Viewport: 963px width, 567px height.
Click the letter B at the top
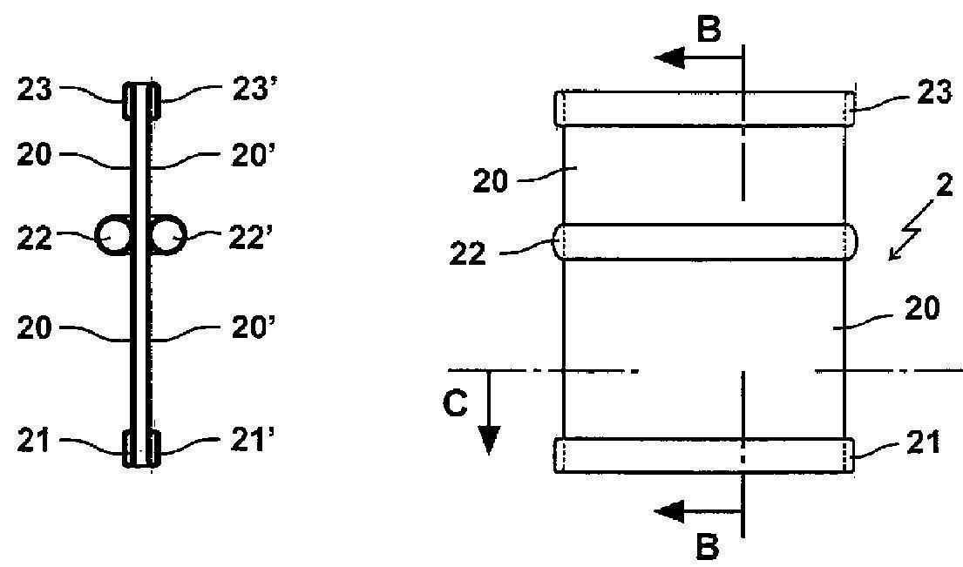pos(709,30)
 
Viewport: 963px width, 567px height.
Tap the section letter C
pos(455,403)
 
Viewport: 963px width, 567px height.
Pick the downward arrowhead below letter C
pos(489,439)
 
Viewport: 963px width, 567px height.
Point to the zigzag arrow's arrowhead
pos(895,253)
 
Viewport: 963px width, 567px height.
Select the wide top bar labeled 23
pos(704,109)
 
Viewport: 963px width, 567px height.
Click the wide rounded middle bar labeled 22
pos(705,242)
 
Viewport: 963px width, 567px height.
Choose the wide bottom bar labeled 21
pos(704,456)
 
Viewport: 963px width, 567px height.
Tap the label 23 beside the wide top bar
pos(934,93)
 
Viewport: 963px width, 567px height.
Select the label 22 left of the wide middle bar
pos(468,253)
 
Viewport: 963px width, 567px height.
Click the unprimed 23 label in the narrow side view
pos(35,91)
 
